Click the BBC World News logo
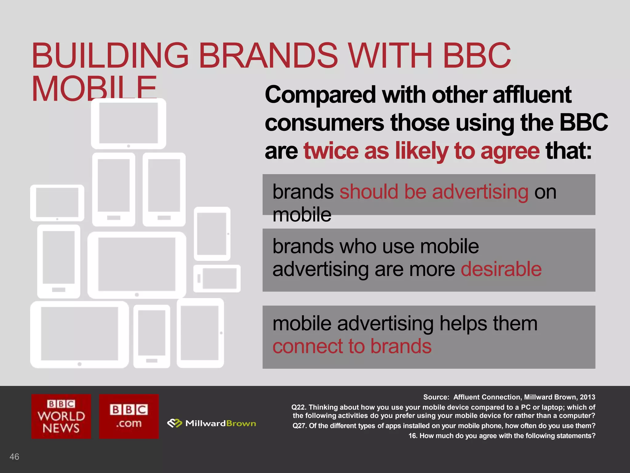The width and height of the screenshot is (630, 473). point(61,416)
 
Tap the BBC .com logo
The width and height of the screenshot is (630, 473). point(129,416)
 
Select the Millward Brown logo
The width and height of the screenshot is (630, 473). point(212,423)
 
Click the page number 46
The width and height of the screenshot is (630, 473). point(14,456)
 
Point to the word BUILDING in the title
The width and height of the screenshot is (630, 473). point(110,56)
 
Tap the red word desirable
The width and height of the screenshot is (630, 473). point(501,269)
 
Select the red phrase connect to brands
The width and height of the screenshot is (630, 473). point(352,346)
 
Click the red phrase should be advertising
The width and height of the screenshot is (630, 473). point(434,192)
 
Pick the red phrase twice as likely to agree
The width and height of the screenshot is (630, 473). point(421,151)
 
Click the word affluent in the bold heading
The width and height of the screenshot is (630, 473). point(532,95)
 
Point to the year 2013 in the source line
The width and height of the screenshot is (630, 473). point(587,397)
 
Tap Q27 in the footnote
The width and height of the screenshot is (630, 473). point(299,426)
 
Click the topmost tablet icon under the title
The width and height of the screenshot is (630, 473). point(129,124)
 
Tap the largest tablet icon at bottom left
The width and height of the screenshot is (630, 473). point(79,334)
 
